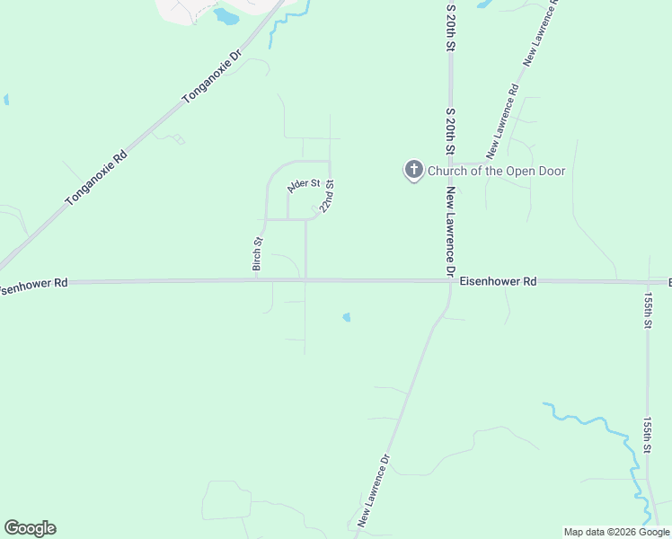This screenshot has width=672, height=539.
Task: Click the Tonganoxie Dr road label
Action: (x=213, y=75)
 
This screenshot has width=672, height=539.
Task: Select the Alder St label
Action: (x=303, y=185)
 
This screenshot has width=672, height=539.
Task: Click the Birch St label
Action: (x=257, y=254)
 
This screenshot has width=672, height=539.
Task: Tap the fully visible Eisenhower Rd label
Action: (x=498, y=281)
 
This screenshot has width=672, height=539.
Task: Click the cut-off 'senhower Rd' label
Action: (x=34, y=282)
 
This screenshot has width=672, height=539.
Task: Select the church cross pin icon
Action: (x=413, y=170)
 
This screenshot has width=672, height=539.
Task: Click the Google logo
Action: (x=30, y=528)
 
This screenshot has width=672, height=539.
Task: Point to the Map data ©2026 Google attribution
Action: (x=617, y=532)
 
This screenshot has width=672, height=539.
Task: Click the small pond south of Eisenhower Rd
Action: (x=346, y=316)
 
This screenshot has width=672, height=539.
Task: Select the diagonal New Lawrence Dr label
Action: (x=375, y=490)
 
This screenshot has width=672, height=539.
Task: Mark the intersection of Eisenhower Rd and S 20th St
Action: (x=449, y=281)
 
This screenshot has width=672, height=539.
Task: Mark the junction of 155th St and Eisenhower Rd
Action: (x=648, y=281)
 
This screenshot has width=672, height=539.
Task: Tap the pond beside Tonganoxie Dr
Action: (x=227, y=16)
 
